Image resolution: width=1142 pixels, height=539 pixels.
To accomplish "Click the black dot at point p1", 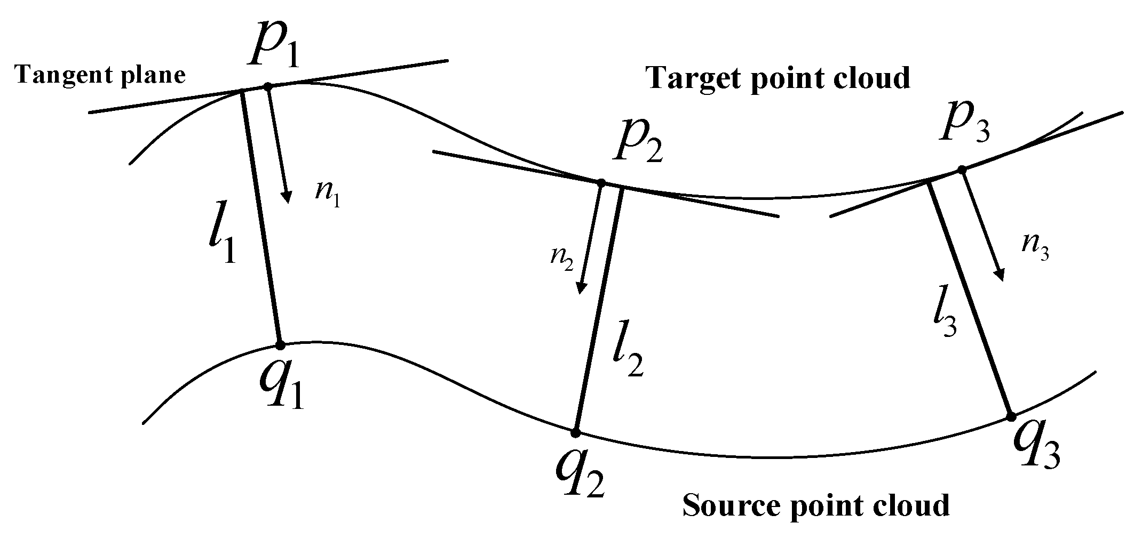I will tap(268, 86).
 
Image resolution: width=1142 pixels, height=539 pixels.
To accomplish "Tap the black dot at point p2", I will tap(600, 183).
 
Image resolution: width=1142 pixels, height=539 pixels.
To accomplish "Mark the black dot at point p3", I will tap(962, 170).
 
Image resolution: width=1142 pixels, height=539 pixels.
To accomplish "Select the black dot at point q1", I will tap(280, 345).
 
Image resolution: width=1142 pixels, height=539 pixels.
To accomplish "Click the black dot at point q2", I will tap(575, 432).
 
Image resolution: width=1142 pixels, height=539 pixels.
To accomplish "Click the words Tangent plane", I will tap(100, 75).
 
